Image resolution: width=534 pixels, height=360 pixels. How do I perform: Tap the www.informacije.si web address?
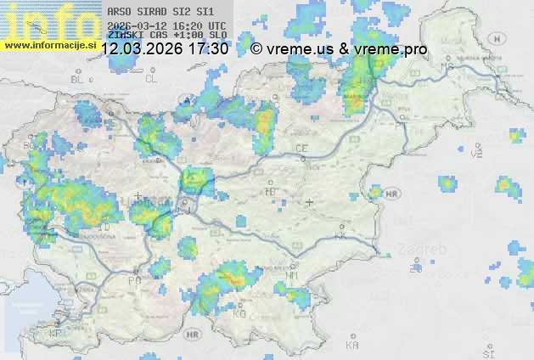pyautogui.click(x=49, y=44)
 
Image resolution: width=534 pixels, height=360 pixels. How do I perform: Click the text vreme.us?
pyautogui.click(x=301, y=49)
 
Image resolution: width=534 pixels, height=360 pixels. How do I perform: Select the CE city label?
pyautogui.click(x=301, y=149)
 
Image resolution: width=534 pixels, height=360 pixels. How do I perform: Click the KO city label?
pyautogui.click(x=240, y=313)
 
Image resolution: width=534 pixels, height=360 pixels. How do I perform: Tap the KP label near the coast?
pyautogui.click(x=56, y=335)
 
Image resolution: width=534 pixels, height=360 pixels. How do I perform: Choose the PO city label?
pyautogui.click(x=134, y=280)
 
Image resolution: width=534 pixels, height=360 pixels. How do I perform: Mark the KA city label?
pyautogui.click(x=352, y=346)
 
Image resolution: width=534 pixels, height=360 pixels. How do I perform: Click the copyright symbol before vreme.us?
pyautogui.click(x=256, y=49)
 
